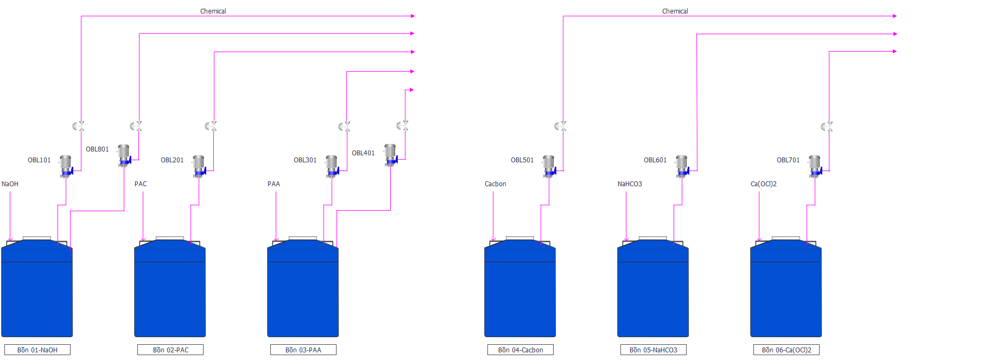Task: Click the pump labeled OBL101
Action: tap(66, 166)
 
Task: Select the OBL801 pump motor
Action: tap(124, 155)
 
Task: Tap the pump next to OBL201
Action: tap(199, 166)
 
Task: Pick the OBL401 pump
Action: tap(390, 155)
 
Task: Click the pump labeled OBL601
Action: tap(682, 166)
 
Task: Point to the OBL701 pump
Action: tap(815, 166)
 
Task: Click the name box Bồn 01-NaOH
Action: tap(37, 350)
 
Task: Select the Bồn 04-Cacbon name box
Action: tap(521, 350)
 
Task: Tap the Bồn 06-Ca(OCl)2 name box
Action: tap(787, 350)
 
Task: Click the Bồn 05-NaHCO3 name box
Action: tap(654, 350)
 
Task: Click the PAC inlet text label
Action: tap(141, 184)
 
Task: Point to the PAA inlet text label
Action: tap(274, 184)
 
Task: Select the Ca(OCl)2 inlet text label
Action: tap(764, 184)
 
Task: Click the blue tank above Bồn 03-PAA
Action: tap(303, 288)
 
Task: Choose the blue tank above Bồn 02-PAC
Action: tap(170, 288)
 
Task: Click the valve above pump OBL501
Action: tap(561, 126)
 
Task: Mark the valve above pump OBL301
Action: tap(345, 126)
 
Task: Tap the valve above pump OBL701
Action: tap(827, 126)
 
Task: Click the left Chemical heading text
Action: tap(213, 11)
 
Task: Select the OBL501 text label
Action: tap(522, 160)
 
